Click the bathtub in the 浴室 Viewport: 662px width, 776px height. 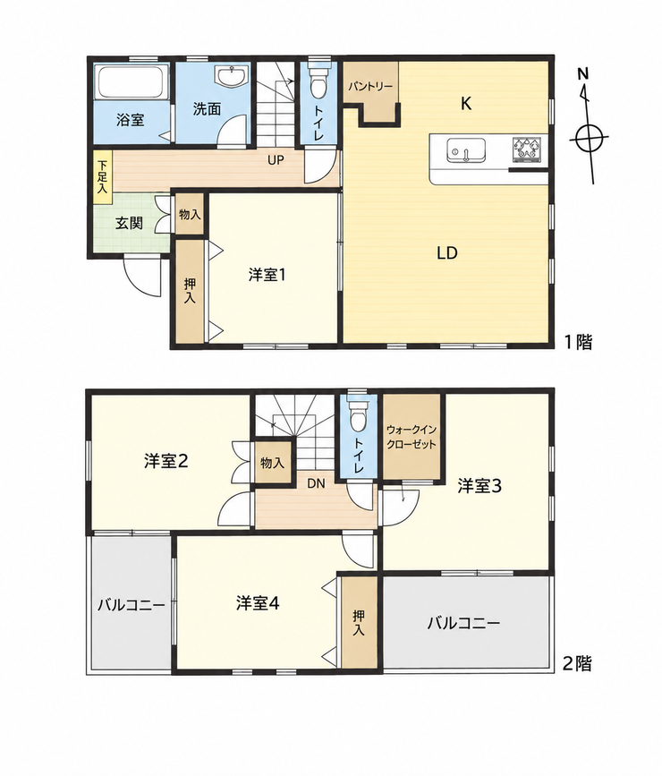132,81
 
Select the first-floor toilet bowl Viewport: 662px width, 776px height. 318,81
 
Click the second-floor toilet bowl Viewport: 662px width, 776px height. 357,414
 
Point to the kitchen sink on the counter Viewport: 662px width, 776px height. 465,150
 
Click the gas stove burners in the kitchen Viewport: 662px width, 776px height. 528,149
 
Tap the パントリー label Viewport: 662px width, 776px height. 370,87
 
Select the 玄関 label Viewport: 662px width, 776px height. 129,223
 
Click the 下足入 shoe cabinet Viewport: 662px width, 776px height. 103,176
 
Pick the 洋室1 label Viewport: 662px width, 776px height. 267,275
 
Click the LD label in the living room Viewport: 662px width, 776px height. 446,253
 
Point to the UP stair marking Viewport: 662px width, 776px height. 276,160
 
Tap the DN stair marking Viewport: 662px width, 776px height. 316,483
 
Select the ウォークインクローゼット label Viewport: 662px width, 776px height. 412,437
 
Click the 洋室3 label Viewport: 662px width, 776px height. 479,486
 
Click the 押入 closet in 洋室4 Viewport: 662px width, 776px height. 360,621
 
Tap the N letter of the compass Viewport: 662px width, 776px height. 583,74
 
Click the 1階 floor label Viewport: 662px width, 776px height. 579,342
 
